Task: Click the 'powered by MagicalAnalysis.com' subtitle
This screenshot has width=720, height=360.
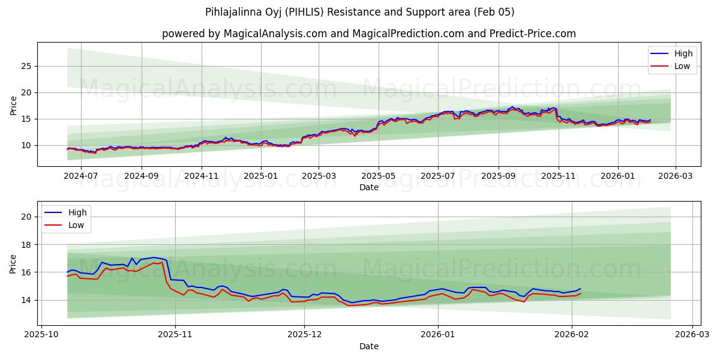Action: pyautogui.click(x=368, y=34)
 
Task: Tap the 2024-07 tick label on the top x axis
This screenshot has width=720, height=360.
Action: pyautogui.click(x=80, y=176)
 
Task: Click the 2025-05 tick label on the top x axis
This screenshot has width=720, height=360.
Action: pyautogui.click(x=379, y=176)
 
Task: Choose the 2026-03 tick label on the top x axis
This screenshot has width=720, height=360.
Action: pyautogui.click(x=676, y=176)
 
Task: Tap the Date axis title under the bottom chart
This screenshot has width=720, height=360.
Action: pyautogui.click(x=368, y=346)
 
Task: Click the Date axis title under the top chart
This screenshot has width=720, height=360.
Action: pyautogui.click(x=368, y=187)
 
